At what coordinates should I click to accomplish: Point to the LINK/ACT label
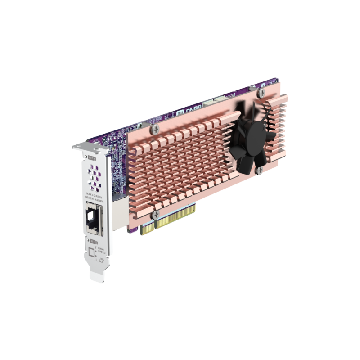tap(102, 260)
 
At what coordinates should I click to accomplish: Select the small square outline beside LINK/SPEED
tap(91, 253)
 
